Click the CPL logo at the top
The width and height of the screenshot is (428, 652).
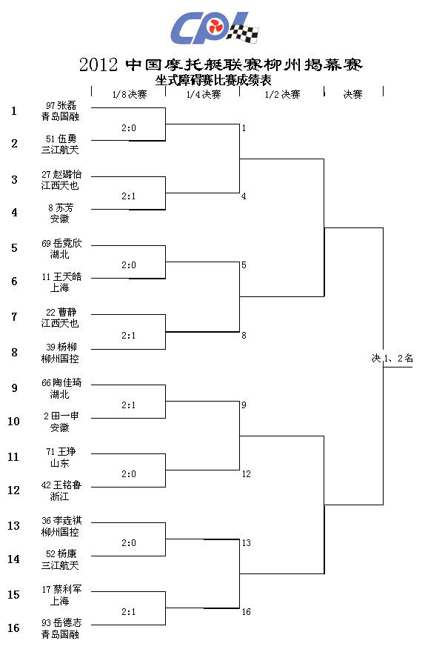click(215, 27)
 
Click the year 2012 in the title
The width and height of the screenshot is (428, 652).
click(98, 64)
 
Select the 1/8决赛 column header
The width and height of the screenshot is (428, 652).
click(130, 94)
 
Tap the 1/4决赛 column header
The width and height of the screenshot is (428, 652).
click(203, 94)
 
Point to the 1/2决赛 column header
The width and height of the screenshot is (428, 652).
click(282, 94)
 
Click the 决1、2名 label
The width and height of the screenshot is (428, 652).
click(392, 358)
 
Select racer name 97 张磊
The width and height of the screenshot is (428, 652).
click(61, 106)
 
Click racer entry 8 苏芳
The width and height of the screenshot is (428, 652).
click(61, 207)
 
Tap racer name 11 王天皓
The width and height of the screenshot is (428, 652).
click(61, 276)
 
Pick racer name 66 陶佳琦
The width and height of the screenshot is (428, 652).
click(61, 382)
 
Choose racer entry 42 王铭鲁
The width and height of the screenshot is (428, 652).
click(61, 485)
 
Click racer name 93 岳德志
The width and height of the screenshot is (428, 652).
click(61, 622)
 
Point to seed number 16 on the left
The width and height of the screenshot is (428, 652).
click(14, 628)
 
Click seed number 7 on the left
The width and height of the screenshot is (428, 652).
click(14, 317)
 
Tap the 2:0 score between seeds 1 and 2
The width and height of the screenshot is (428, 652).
click(129, 128)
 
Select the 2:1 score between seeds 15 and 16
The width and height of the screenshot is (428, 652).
click(129, 612)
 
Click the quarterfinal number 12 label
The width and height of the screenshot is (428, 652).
click(247, 474)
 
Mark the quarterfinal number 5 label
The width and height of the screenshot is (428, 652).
click(244, 265)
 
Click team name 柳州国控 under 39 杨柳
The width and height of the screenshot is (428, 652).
click(60, 359)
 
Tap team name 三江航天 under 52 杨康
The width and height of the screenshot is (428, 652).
click(60, 565)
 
